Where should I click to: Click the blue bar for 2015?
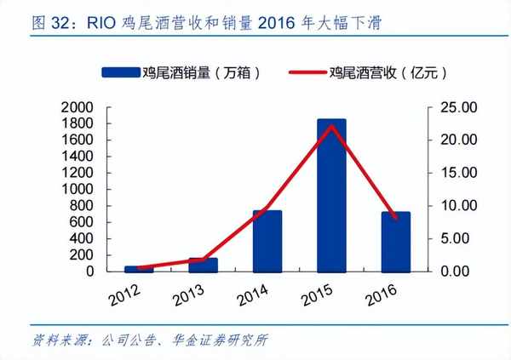331,196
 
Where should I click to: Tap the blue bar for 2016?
395,242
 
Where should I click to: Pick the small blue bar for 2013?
203,265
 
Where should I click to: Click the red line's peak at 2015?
331,126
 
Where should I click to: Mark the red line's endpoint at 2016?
395,218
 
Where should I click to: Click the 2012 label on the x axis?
125,294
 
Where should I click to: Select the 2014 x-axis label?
254,294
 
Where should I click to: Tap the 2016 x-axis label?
382,294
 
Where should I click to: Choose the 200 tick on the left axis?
82,255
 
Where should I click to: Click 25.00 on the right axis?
458,108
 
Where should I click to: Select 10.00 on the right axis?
458,206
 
